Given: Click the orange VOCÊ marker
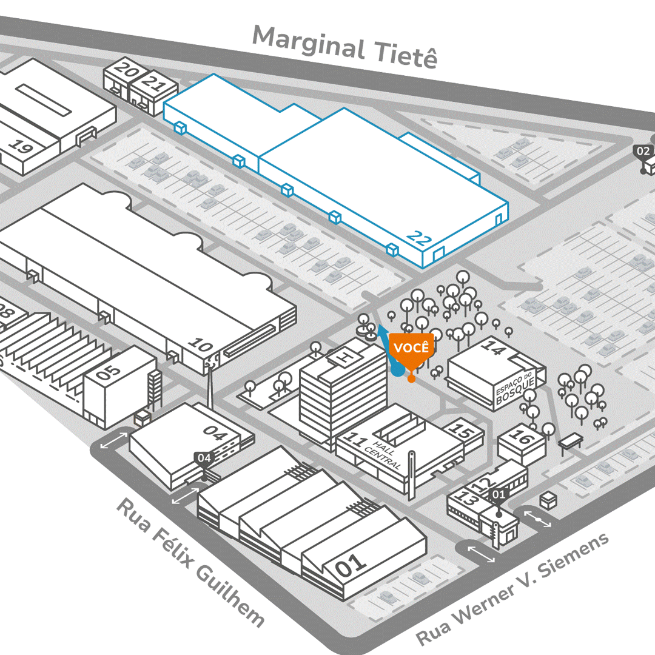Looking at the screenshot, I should click(x=411, y=348).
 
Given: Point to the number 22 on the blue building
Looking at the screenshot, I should click(x=419, y=237).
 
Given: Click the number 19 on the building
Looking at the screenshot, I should click(x=22, y=147).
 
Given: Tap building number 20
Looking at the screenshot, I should click(x=126, y=70).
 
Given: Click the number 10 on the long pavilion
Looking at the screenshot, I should click(x=201, y=346).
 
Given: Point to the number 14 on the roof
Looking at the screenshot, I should click(x=494, y=348).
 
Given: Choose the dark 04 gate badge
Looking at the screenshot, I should click(x=204, y=458).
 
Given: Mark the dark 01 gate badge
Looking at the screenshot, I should click(x=497, y=494).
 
